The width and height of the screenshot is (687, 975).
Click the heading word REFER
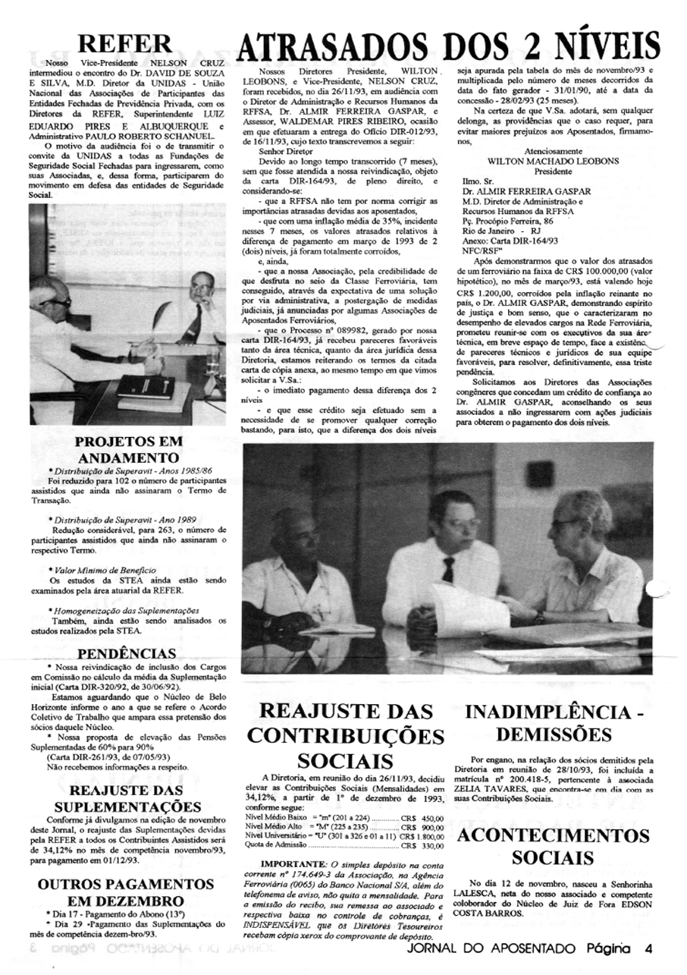pos(127,42)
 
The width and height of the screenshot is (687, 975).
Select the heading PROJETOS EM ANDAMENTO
pos(128,450)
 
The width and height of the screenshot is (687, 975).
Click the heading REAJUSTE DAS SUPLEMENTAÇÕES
pos(128,799)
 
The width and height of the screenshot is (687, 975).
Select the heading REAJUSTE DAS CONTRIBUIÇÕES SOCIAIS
pos(345,735)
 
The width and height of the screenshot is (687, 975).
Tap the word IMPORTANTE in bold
pos(292,864)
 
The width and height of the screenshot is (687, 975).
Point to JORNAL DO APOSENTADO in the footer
pos(493,948)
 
